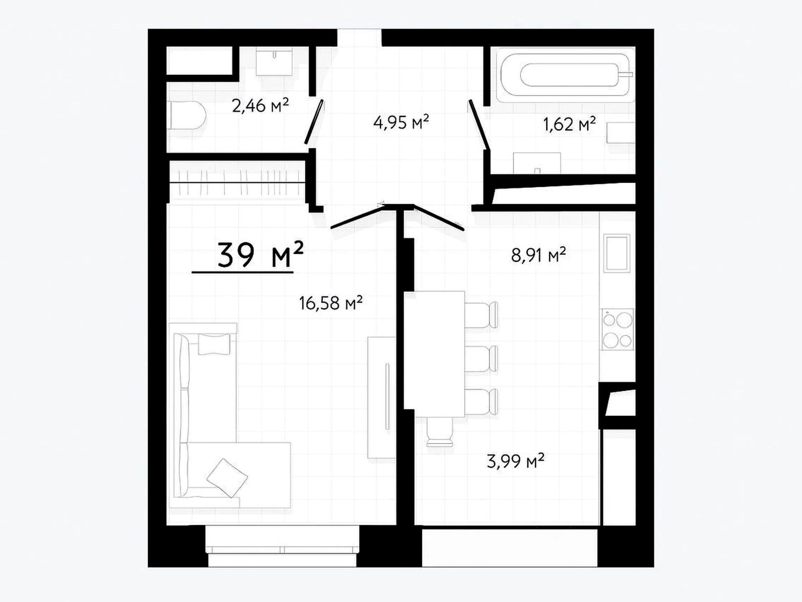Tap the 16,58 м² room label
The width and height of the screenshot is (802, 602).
(x=330, y=303)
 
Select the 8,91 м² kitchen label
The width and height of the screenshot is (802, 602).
(x=538, y=255)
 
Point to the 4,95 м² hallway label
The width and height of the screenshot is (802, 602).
(x=401, y=122)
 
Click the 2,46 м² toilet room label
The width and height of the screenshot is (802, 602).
(x=260, y=105)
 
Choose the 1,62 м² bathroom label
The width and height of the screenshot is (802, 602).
(x=569, y=124)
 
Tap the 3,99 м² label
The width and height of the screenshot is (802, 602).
(x=515, y=461)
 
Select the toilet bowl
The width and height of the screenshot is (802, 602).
(x=188, y=115)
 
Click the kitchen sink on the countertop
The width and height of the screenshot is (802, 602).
(x=617, y=253)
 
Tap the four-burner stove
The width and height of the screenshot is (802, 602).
(x=617, y=330)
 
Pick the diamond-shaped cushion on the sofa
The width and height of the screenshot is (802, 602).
(x=227, y=478)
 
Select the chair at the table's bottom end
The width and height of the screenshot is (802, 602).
(x=440, y=432)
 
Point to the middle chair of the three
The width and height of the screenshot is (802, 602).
(x=481, y=359)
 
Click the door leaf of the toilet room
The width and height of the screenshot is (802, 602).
(x=314, y=122)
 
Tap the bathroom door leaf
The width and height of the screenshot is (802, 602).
(x=479, y=125)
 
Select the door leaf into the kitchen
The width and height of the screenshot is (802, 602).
(x=439, y=218)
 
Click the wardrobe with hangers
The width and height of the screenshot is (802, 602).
(x=237, y=182)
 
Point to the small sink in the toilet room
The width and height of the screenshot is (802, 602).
(x=274, y=61)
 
